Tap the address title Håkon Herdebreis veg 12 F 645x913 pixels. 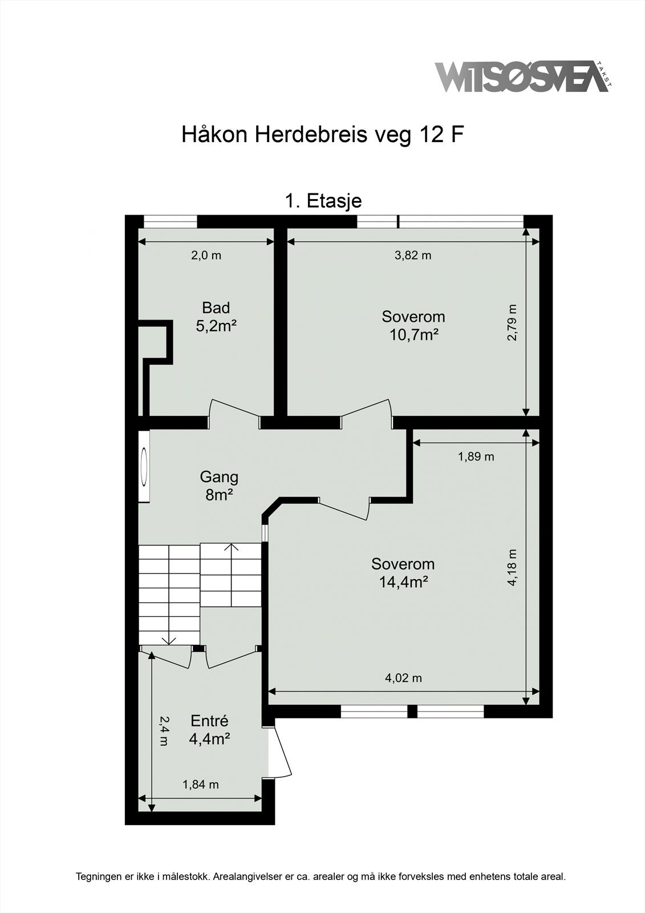(x=323, y=135)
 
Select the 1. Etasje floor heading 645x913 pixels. (x=323, y=201)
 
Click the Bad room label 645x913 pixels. (x=216, y=308)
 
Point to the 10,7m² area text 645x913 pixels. (x=414, y=335)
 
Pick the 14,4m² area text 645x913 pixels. (x=403, y=583)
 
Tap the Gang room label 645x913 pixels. (x=219, y=477)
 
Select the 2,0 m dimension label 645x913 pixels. (x=206, y=256)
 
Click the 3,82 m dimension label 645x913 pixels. (x=413, y=256)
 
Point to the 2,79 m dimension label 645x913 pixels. (x=512, y=322)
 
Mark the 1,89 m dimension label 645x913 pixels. (x=476, y=457)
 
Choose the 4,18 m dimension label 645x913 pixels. (x=512, y=567)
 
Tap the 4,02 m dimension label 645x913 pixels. (x=403, y=678)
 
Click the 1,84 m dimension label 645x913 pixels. (x=201, y=785)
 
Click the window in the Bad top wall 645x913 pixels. (x=171, y=222)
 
